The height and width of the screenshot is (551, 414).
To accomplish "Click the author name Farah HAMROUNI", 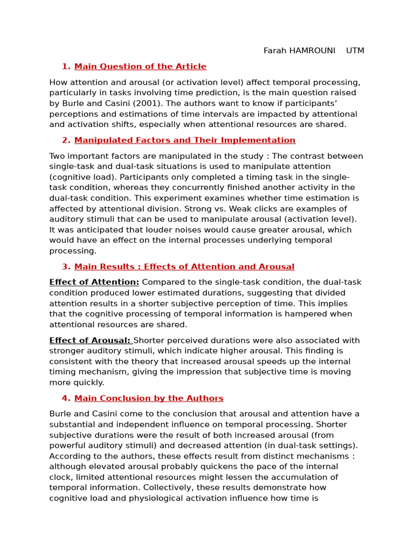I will (x=299, y=51).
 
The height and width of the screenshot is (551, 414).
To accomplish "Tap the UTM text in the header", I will (x=355, y=51).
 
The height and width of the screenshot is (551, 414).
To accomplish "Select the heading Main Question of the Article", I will (x=140, y=67).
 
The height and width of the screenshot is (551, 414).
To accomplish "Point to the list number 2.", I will (x=66, y=140).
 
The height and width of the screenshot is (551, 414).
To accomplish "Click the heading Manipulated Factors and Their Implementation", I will (x=185, y=140).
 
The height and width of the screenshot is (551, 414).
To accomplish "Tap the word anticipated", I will (x=86, y=230).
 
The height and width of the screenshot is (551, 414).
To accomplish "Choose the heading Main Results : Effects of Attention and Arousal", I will (x=184, y=267).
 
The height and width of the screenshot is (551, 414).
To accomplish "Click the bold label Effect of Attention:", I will (x=94, y=282).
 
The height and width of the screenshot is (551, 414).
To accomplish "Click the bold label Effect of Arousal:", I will (x=90, y=341).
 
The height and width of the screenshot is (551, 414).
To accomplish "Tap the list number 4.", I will (x=66, y=399).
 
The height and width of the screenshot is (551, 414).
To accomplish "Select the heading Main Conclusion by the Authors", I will (x=149, y=399).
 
